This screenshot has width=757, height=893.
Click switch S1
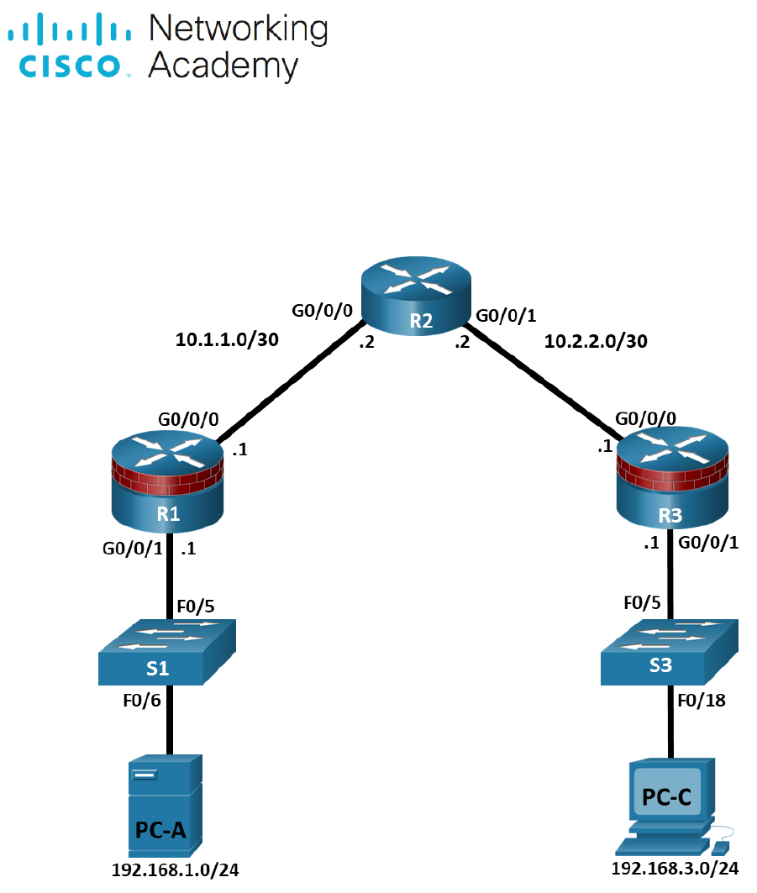tap(168, 654)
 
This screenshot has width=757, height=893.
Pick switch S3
tap(670, 654)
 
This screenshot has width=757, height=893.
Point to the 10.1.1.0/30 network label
tap(227, 340)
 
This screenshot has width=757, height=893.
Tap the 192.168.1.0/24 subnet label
tap(175, 870)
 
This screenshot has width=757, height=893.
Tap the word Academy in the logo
tap(223, 66)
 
